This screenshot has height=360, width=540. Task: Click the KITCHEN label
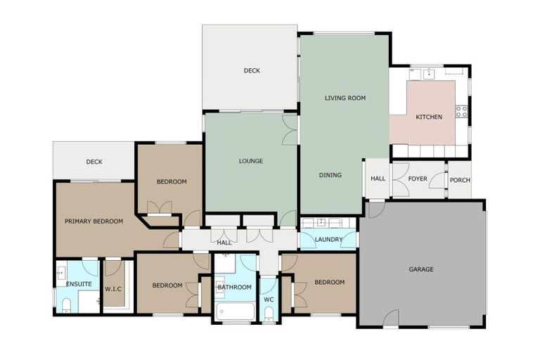(429, 117)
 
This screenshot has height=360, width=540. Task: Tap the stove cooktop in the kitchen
(461, 111)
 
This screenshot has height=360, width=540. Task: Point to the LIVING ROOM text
(345, 98)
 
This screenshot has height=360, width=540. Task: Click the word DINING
(330, 175)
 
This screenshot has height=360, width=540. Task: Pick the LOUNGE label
(250, 161)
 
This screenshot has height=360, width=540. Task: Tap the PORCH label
(459, 180)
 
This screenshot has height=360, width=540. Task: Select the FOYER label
(418, 179)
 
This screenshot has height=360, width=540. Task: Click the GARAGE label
(421, 269)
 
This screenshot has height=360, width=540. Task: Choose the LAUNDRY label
(328, 240)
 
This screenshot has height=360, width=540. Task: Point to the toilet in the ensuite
(65, 304)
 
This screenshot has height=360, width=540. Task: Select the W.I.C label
(113, 288)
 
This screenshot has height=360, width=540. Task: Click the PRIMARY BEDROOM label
(94, 221)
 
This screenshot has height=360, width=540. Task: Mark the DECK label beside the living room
(252, 70)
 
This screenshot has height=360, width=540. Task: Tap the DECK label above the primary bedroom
(94, 162)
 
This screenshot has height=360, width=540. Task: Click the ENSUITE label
(79, 284)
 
